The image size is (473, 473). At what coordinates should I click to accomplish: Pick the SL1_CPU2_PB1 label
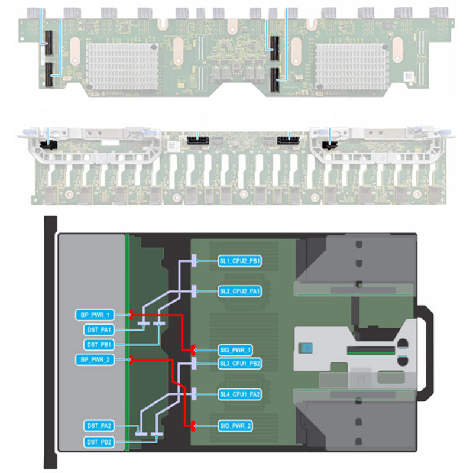click(x=239, y=260)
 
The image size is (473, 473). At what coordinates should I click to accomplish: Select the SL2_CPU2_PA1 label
click(x=239, y=291)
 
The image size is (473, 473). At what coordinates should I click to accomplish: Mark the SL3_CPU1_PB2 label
click(x=239, y=363)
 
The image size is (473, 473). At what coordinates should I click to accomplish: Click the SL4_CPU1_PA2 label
click(x=239, y=394)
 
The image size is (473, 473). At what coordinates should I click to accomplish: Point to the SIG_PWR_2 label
click(x=235, y=425)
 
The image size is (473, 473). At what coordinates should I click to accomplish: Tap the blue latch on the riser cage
click(x=307, y=348)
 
